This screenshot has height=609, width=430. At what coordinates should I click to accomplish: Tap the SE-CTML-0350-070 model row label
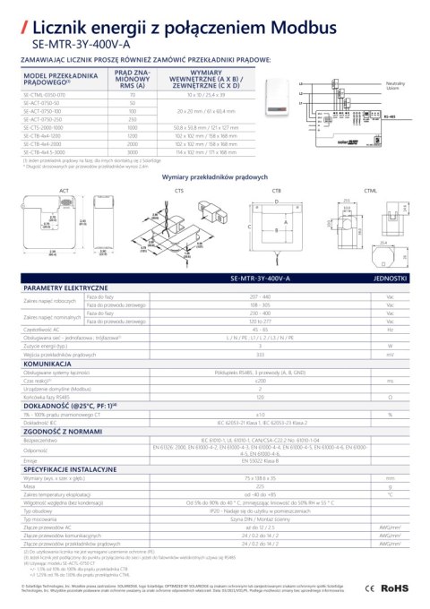pos(46,93)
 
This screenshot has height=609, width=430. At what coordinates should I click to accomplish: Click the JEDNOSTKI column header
pos(390,279)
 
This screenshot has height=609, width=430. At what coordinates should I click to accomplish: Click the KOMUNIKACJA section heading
pos(47,365)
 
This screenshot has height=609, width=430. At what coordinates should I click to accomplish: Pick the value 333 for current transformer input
pos(260,356)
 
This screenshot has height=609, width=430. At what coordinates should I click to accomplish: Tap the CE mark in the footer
pos(368,588)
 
